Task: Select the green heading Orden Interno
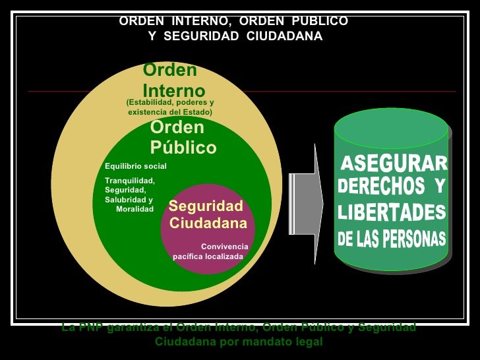[x=173, y=80]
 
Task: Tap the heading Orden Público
[x=182, y=138]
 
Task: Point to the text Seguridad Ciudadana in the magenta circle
[x=208, y=214]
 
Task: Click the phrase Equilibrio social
[x=136, y=165]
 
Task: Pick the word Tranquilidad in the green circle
[x=129, y=181]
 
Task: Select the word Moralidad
[x=135, y=209]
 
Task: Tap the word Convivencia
[x=225, y=247]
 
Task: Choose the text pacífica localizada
[x=208, y=256]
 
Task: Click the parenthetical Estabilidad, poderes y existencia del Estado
[x=170, y=107]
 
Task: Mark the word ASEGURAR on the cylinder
[x=393, y=163]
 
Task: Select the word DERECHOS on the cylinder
[x=382, y=187]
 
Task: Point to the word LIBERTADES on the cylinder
[x=392, y=213]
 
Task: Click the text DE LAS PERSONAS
[x=392, y=239]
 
